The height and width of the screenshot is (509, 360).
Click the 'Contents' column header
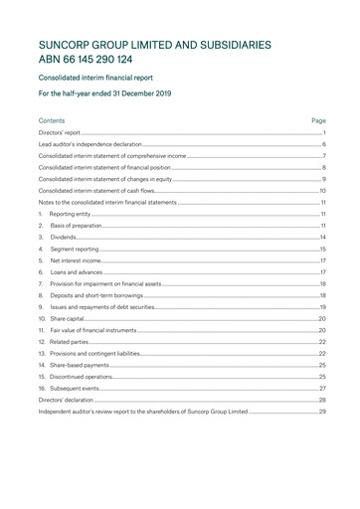pyautogui.click(x=52, y=120)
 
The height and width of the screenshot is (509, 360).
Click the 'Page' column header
pyautogui.click(x=318, y=120)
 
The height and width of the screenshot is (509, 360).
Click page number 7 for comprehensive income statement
pyautogui.click(x=324, y=157)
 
